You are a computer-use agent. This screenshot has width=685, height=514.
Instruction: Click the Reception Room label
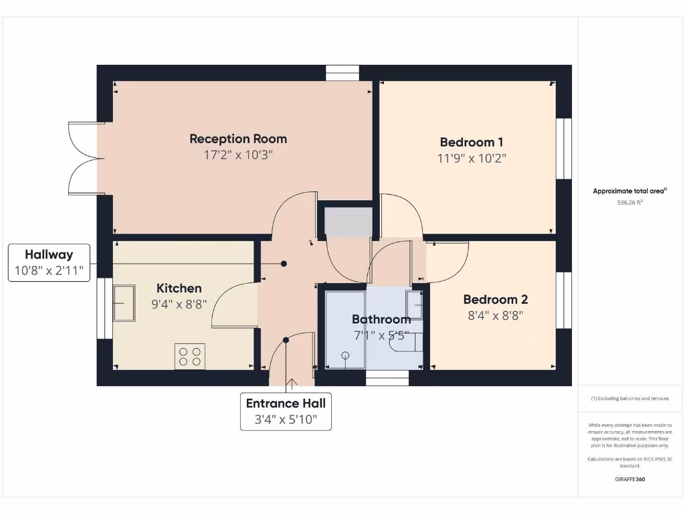(238, 139)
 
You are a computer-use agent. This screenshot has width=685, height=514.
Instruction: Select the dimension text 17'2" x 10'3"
(238, 155)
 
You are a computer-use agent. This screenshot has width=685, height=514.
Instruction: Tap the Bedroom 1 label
(471, 142)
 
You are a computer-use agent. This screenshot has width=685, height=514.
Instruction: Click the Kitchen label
(179, 288)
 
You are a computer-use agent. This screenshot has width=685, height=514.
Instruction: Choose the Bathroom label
(381, 319)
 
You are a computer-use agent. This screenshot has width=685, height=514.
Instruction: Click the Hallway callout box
(49, 262)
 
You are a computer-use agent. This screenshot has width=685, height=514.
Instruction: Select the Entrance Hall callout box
(286, 411)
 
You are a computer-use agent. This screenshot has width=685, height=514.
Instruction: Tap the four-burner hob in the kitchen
(190, 356)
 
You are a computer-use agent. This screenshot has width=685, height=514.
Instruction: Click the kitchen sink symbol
(124, 303)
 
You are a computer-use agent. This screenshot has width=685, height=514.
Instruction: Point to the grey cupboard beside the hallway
(348, 222)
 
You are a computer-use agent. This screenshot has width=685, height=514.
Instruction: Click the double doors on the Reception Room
(86, 159)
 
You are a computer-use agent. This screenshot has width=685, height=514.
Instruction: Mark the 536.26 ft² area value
(629, 202)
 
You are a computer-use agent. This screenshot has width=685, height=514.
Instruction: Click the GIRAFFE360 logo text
(629, 479)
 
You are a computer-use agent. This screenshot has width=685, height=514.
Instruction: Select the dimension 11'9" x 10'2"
(471, 159)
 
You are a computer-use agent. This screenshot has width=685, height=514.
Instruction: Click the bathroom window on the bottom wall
(387, 379)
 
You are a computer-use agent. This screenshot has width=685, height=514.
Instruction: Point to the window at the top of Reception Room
(342, 73)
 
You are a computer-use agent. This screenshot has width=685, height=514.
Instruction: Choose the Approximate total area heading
(629, 191)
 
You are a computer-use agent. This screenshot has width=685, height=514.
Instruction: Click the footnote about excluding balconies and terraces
(629, 398)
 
